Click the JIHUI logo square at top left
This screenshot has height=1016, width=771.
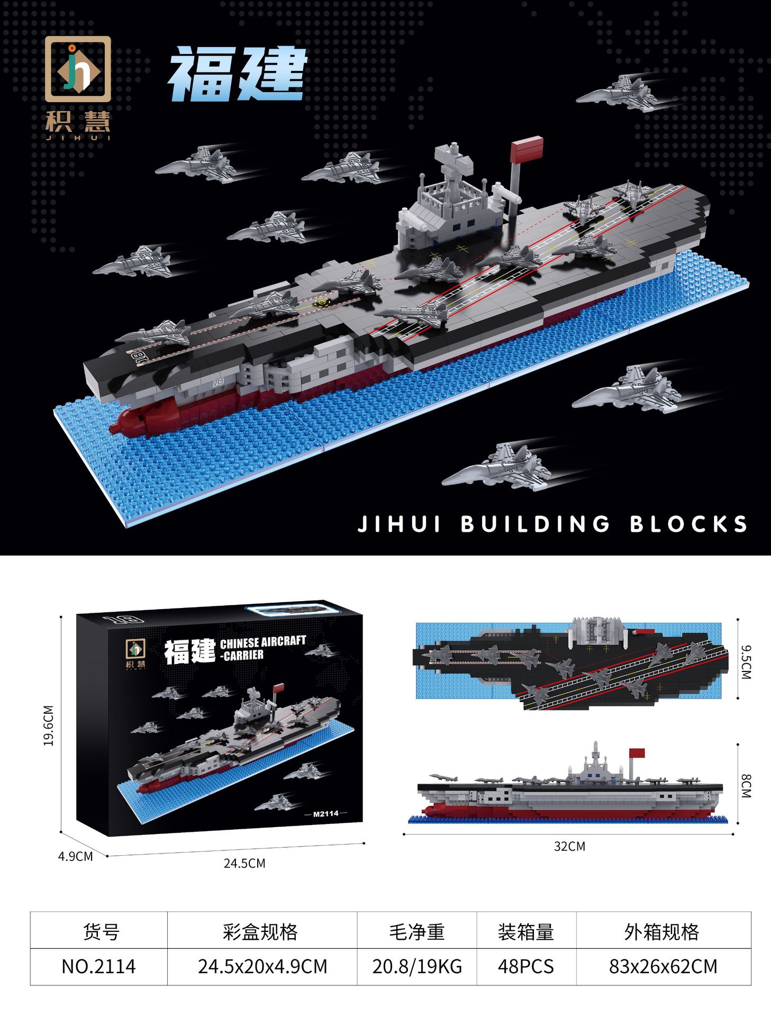[78, 69]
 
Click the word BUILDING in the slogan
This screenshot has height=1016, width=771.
[536, 524]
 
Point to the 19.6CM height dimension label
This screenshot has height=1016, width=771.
[49, 725]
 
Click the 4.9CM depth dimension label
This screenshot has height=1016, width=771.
[76, 856]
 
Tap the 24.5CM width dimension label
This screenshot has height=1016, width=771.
[244, 863]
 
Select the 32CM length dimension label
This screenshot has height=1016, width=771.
[569, 846]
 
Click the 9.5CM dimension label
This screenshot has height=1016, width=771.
[746, 661]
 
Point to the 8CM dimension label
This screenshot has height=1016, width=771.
[746, 786]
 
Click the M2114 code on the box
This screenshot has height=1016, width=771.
[325, 813]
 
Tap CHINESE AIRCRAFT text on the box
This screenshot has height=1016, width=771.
[263, 642]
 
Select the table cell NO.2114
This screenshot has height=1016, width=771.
[99, 966]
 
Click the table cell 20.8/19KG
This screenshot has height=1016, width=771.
[417, 966]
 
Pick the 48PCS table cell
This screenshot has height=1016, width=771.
[526, 966]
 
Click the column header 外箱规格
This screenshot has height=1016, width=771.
[662, 932]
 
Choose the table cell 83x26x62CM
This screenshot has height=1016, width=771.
[663, 966]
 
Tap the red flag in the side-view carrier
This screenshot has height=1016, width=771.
[637, 753]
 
